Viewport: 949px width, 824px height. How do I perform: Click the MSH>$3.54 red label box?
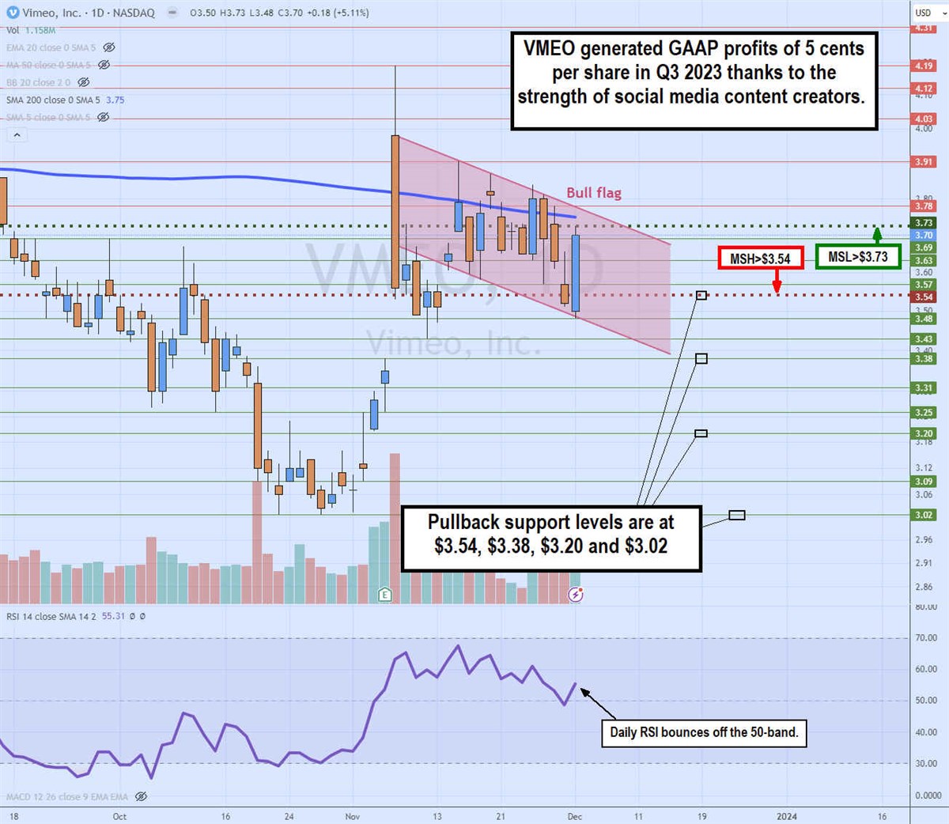(760, 259)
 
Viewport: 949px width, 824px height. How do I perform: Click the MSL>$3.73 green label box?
(857, 256)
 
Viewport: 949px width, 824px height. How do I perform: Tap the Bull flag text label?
(593, 193)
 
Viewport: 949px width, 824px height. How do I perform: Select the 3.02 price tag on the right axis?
(924, 515)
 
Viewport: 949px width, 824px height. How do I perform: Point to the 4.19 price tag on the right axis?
(924, 66)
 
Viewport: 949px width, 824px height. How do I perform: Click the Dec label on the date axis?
(575, 816)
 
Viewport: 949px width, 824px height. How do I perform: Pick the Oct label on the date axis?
(119, 816)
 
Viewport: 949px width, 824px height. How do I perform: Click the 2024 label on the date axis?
(786, 816)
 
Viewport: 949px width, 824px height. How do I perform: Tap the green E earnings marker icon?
(385, 594)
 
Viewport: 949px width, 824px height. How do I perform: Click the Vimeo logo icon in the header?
(13, 13)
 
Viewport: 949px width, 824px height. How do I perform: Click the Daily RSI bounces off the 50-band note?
(704, 732)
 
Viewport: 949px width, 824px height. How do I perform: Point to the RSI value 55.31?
(113, 616)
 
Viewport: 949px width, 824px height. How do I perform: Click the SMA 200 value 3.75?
(115, 100)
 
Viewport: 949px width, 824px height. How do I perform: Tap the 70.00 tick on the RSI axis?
(925, 637)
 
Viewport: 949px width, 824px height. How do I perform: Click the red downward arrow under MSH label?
(777, 282)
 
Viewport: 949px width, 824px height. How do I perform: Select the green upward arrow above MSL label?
(877, 235)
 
